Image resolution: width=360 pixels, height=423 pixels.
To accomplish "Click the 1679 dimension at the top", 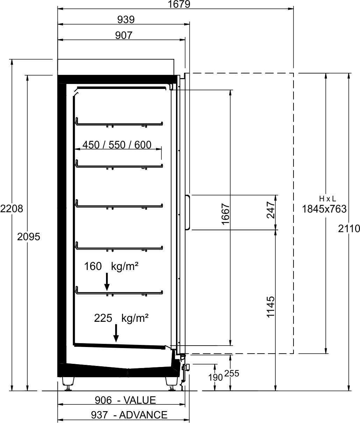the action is tap(179, 4).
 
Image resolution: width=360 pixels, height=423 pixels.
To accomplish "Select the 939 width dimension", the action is tap(126, 20).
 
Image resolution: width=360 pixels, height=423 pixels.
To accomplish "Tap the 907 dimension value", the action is tap(124, 35).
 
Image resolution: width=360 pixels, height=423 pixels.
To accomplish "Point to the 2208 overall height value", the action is tap(12, 209).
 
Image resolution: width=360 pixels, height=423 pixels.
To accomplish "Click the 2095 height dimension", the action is tap(29, 237).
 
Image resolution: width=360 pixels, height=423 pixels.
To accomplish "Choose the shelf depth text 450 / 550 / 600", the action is tap(117, 145).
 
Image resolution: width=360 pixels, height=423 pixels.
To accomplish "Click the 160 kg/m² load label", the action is tap(111, 266).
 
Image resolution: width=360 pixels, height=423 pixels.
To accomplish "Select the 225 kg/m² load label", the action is tap(121, 318).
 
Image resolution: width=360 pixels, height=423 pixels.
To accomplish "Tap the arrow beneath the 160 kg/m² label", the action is tap(107, 282).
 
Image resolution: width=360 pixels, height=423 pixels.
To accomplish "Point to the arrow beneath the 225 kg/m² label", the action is tap(116, 333).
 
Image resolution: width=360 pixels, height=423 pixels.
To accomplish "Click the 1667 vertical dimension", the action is tap(226, 214).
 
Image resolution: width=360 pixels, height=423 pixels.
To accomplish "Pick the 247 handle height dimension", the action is tap(271, 210).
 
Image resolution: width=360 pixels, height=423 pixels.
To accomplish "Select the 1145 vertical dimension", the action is tap(271, 307).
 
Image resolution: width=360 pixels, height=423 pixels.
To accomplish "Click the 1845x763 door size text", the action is tap(324, 209).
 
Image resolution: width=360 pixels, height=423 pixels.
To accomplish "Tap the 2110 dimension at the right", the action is tap(349, 229).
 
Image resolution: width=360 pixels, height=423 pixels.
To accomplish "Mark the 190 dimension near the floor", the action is tap(215, 377).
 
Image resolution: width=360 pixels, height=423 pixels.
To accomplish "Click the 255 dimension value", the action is tap(232, 374).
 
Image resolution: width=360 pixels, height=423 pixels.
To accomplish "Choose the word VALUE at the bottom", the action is tap(140, 400).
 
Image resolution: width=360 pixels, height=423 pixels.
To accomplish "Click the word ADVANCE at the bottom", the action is tap(143, 415).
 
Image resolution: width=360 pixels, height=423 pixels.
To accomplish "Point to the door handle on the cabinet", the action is tap(189, 212).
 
